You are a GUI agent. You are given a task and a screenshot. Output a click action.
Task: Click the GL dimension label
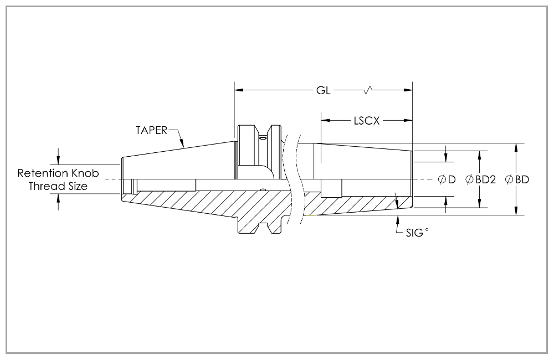(x=324, y=91)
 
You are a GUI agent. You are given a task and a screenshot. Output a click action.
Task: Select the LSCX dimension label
(x=366, y=120)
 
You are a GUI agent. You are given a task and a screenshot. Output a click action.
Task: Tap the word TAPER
(x=152, y=131)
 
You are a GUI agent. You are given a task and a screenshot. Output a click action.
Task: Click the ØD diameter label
(x=447, y=179)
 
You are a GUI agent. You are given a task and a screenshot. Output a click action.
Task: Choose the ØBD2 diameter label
(x=480, y=179)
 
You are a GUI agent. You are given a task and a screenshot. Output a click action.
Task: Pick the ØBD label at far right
(x=517, y=179)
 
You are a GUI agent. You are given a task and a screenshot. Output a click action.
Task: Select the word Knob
(x=85, y=173)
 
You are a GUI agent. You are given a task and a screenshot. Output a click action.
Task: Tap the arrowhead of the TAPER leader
(x=183, y=145)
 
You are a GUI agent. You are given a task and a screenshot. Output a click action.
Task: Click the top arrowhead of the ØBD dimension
(x=516, y=147)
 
